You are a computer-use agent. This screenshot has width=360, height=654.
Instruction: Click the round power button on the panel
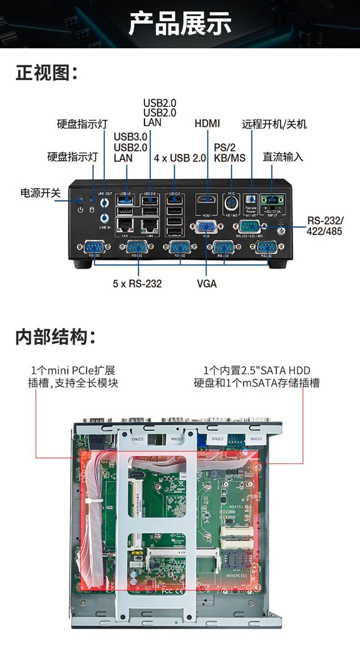tap(81, 200)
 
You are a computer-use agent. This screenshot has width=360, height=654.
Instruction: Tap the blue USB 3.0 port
tap(127, 200)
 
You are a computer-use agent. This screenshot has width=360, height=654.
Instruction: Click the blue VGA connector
tap(206, 227)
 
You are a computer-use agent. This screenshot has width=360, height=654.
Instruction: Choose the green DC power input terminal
tap(273, 199)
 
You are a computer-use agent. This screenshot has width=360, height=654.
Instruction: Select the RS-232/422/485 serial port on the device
tap(248, 225)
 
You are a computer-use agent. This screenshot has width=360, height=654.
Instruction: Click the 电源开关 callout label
tap(41, 193)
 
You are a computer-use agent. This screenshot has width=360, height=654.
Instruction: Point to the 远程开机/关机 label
tap(274, 124)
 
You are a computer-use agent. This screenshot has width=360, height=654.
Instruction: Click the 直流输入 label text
tap(283, 157)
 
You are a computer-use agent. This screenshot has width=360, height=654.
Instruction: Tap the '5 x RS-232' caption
tap(137, 283)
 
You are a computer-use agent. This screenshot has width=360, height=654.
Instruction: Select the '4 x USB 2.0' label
tap(180, 158)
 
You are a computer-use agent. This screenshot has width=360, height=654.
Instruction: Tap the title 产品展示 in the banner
tap(180, 24)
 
